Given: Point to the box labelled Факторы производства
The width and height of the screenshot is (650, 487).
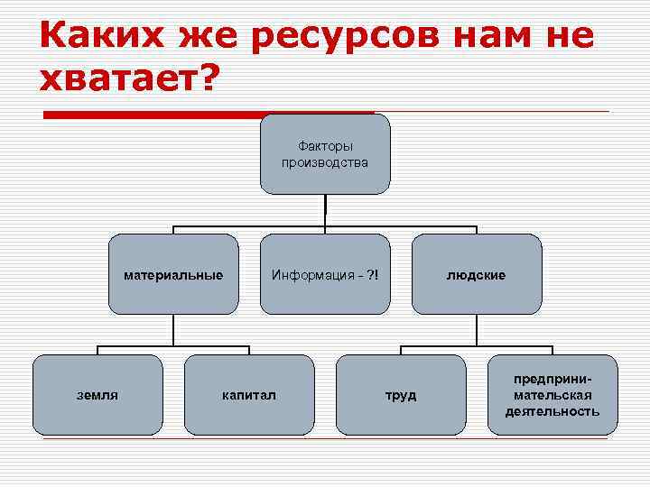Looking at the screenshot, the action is click(325, 154).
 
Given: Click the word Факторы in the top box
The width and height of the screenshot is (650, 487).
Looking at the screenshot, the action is click(325, 146).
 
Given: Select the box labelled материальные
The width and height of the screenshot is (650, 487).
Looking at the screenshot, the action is click(173, 274).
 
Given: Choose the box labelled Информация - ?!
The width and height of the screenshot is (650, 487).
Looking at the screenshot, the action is click(325, 274).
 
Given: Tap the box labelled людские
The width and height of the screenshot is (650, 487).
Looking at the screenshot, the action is click(477, 274).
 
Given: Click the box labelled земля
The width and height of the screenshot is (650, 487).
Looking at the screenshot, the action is click(97, 394).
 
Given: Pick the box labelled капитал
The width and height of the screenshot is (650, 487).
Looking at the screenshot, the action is click(249, 394).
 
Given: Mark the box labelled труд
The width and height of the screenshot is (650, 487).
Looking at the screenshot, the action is click(401, 394).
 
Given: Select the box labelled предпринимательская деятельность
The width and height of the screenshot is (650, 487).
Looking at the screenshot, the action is click(552, 394).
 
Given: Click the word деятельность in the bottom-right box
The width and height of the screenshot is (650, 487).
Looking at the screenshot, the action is click(552, 411).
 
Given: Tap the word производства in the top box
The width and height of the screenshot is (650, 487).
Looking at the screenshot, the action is click(325, 163).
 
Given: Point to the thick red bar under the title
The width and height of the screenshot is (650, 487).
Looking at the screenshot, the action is click(208, 115).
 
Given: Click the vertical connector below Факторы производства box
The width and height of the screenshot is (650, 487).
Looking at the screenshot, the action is click(325, 209).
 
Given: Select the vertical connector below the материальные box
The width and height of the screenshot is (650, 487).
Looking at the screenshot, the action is click(173, 329).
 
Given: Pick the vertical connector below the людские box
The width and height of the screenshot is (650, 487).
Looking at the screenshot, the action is click(477, 329).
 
